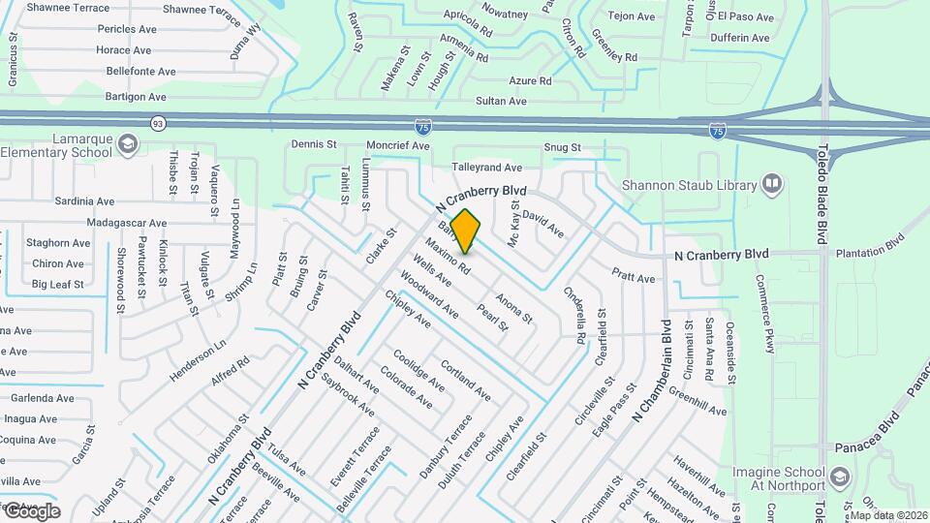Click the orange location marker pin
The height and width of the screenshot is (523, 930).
(466, 231)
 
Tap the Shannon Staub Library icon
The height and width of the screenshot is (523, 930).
(772, 183)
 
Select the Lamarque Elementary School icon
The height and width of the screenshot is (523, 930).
(126, 145)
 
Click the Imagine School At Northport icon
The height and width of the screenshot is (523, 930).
(839, 477)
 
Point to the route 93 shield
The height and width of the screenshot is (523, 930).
(158, 123)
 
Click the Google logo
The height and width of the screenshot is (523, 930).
(31, 511)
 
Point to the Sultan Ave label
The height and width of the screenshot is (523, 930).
(501, 101)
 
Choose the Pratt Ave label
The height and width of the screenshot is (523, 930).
(634, 277)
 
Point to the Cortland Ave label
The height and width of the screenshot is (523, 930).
(465, 382)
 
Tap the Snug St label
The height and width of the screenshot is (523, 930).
(562, 147)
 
